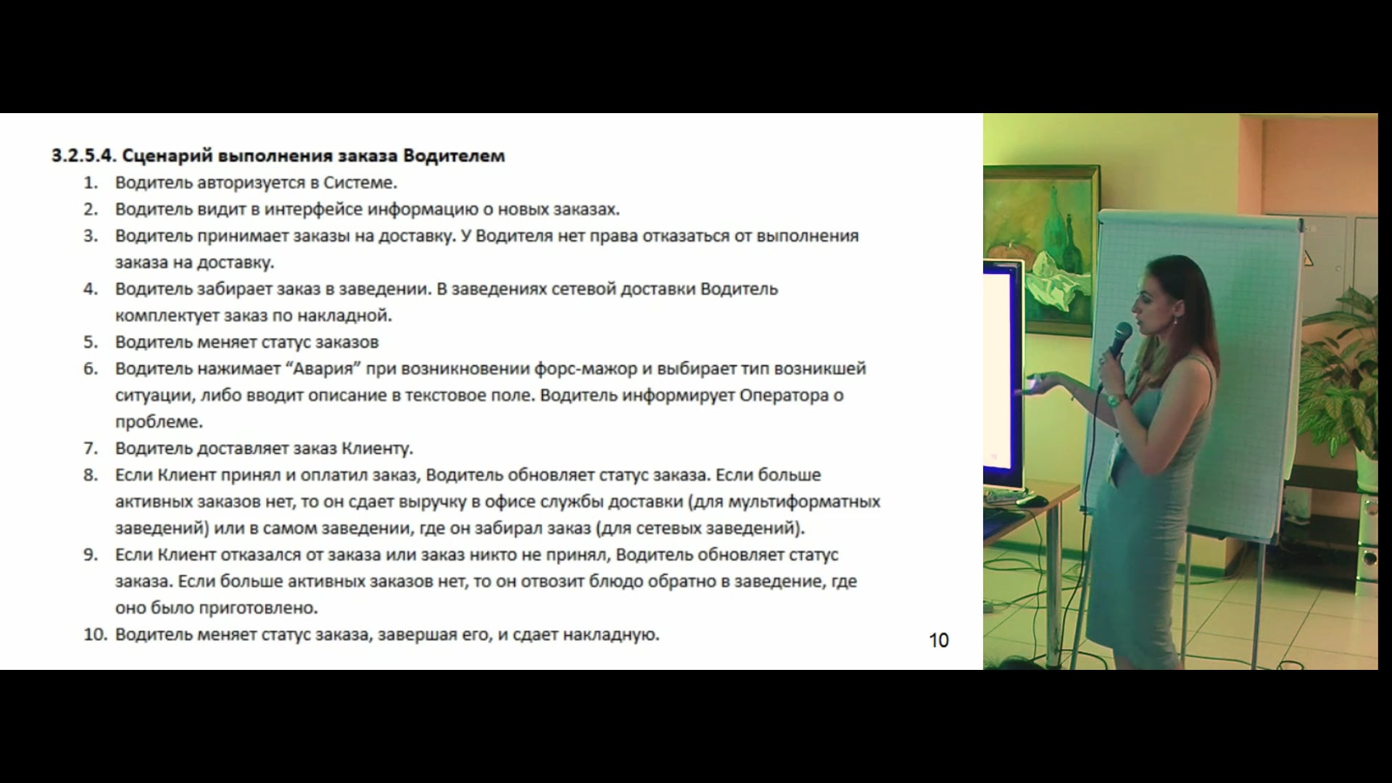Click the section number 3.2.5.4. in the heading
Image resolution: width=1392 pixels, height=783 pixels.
pos(83,156)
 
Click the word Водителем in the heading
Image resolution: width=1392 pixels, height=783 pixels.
pos(454,156)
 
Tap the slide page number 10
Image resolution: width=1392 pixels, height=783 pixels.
pos(939,640)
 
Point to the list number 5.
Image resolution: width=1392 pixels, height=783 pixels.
pos(90,342)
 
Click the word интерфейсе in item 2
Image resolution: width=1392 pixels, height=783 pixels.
pos(313,210)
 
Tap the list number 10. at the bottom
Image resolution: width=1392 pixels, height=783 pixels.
pos(95,634)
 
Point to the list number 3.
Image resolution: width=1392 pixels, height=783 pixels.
pos(90,236)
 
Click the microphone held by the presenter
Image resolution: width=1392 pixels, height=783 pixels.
pos(1120,338)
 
